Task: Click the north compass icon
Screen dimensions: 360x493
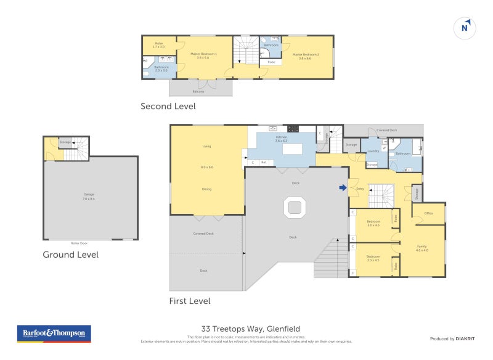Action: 466,28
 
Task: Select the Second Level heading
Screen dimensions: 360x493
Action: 168,106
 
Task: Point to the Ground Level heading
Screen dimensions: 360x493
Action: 70,254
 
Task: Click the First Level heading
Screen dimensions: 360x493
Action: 190,301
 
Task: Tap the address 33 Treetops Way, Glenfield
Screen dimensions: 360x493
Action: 250,329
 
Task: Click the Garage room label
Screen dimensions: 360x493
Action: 89,196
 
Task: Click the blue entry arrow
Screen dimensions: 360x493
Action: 343,188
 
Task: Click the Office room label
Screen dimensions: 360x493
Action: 429,213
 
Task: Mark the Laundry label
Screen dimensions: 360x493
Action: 372,150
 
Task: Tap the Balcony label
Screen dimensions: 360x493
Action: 198,91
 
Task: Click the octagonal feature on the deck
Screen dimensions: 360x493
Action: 295,207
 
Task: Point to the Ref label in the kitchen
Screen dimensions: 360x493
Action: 264,163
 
